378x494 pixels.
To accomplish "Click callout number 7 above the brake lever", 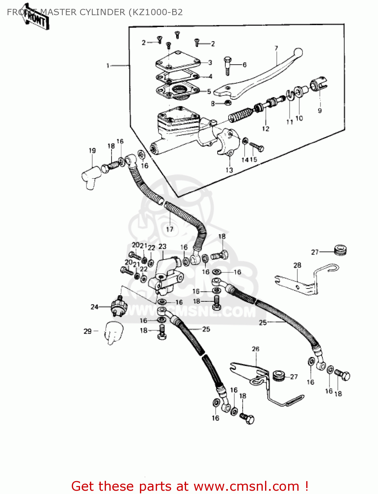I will tap(276, 48).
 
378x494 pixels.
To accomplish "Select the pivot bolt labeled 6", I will tap(228, 65).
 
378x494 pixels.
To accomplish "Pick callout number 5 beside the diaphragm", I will tap(209, 92).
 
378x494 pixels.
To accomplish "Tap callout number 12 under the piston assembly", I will tap(265, 129).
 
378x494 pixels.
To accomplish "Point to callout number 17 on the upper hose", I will tap(170, 229).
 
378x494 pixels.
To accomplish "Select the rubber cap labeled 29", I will tap(113, 332).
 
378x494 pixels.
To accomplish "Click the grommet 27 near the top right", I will tap(340, 250).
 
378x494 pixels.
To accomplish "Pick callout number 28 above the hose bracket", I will tap(297, 265).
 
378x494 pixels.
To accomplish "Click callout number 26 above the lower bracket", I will tap(256, 349).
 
